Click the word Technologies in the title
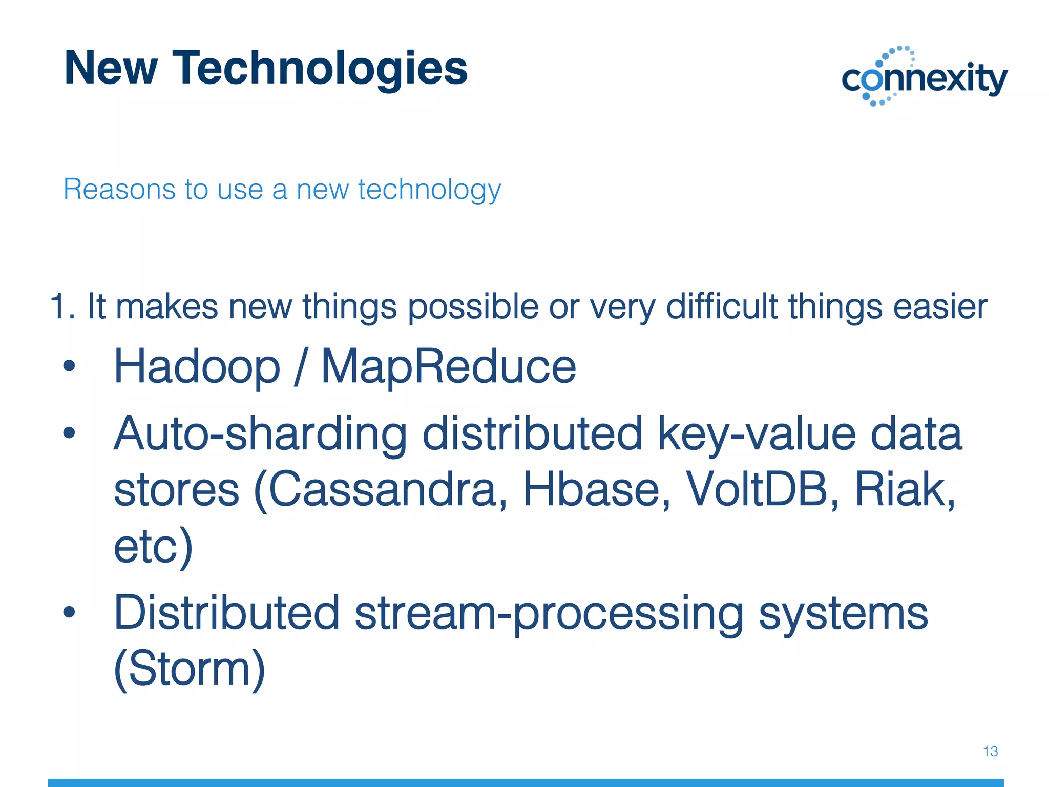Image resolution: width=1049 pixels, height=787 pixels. pyautogui.click(x=320, y=69)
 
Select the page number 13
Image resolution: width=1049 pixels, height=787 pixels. pyautogui.click(x=990, y=752)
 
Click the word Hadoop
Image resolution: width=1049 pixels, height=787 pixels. pyautogui.click(x=197, y=367)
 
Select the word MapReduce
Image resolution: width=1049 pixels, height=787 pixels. pyautogui.click(x=448, y=367)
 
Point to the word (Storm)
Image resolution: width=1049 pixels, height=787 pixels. pyautogui.click(x=190, y=669)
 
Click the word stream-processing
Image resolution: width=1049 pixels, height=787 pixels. pyautogui.click(x=549, y=614)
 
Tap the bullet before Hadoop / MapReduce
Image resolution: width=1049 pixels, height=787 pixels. pyautogui.click(x=69, y=366)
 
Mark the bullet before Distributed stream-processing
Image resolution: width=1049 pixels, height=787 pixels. pyautogui.click(x=69, y=612)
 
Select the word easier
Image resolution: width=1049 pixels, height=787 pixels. pyautogui.click(x=940, y=307)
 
